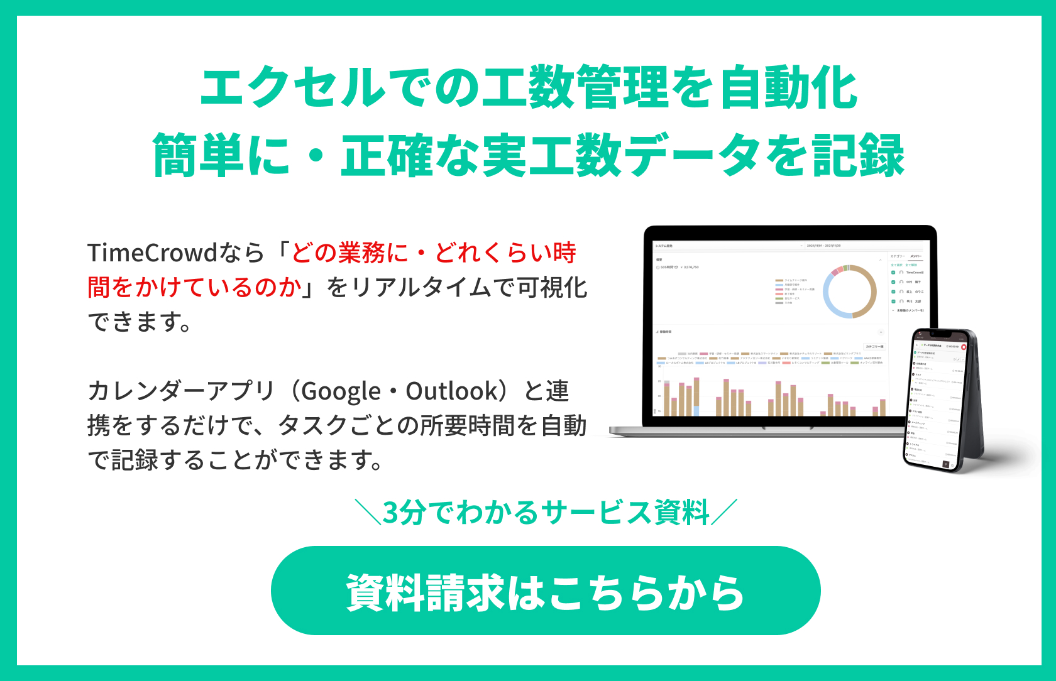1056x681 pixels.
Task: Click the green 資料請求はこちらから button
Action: point(545,591)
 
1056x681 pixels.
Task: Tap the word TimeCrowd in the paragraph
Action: point(152,253)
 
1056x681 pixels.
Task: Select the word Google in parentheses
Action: point(341,391)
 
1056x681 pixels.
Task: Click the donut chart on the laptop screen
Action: point(850,291)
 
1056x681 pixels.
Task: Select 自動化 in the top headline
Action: point(789,87)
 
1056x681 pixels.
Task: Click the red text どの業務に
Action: point(349,253)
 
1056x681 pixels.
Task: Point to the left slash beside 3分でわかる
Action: point(368,512)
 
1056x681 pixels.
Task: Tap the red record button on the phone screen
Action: point(963,347)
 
